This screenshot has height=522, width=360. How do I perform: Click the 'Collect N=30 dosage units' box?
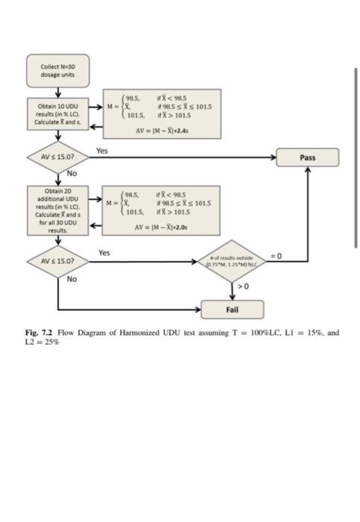57,71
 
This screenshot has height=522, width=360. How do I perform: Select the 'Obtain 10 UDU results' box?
57,116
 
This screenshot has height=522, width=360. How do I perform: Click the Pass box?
307,157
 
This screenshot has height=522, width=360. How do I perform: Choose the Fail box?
232,308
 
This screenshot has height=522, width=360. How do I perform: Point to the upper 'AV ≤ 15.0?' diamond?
57,158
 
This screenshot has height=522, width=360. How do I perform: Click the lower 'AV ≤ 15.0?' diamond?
57,261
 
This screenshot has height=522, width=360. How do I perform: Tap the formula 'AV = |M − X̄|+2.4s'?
162,130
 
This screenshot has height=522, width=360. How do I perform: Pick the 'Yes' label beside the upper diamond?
102,150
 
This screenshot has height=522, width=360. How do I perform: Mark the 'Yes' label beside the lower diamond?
104,253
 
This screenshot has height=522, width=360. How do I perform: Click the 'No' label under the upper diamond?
72,173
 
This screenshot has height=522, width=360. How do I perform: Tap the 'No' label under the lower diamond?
72,279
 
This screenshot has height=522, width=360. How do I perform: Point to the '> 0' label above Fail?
242,286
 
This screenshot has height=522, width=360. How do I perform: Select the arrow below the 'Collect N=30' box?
57,92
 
